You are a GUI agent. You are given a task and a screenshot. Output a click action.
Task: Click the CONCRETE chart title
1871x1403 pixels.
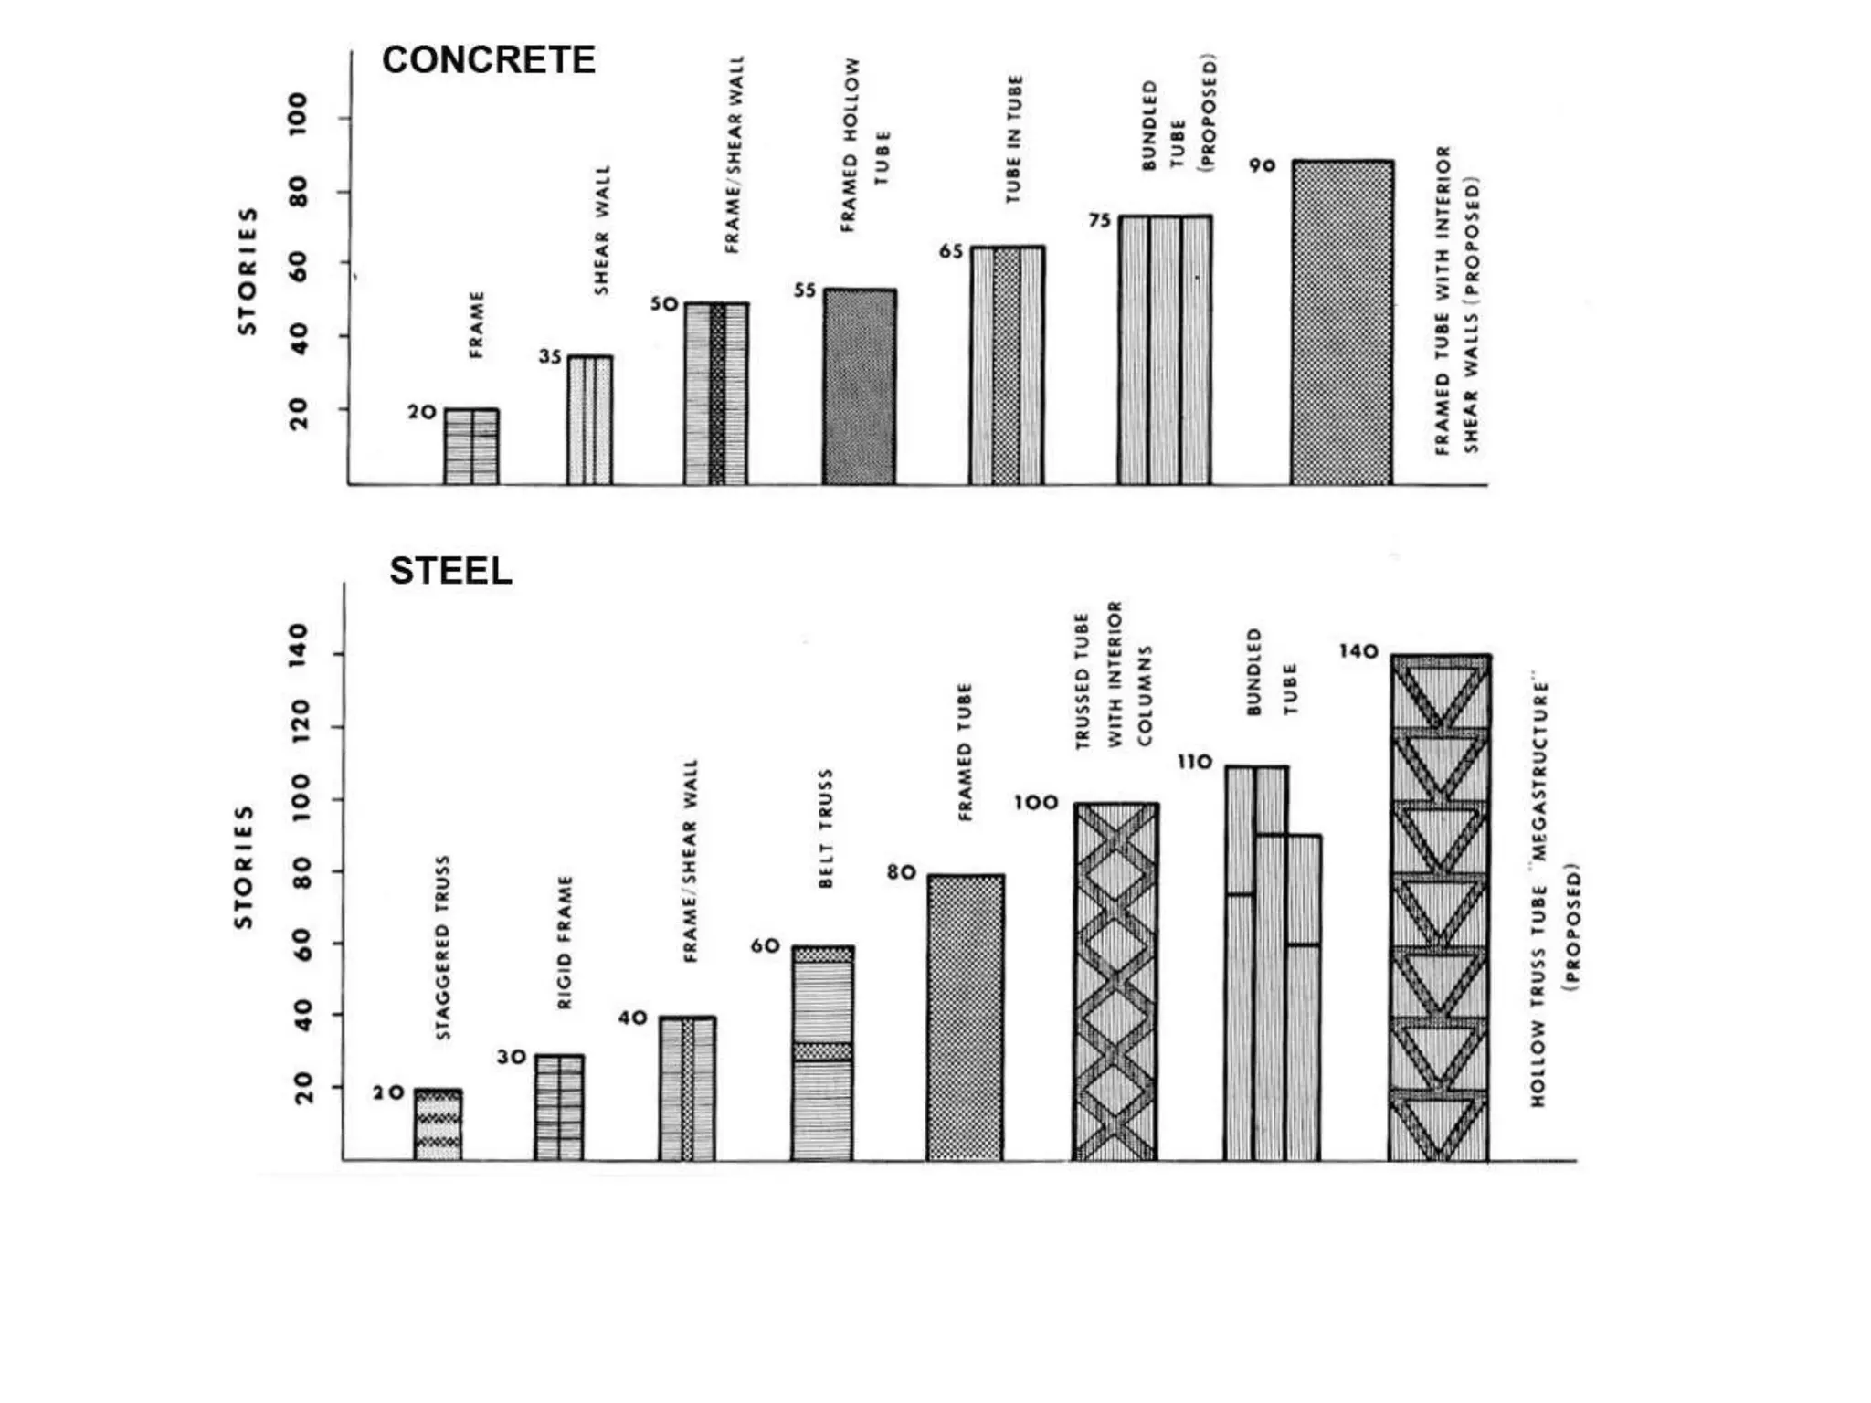pos(488,60)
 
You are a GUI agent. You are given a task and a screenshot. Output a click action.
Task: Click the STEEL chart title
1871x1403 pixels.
pos(450,571)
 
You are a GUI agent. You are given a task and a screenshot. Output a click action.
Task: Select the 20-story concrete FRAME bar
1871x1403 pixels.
pos(471,447)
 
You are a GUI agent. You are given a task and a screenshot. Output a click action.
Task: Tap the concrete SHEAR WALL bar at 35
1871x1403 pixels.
pos(589,420)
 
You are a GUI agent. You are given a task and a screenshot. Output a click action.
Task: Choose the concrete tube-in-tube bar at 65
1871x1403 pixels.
pos(1006,365)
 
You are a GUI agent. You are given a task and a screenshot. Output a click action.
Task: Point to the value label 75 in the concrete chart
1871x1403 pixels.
pos(1099,221)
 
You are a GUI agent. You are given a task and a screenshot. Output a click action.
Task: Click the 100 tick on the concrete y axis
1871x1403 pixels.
pos(298,115)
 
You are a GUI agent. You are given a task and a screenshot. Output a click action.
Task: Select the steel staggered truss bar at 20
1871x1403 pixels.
pos(438,1125)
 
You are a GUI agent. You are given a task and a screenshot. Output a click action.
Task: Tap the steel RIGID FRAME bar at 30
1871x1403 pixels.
pos(558,1108)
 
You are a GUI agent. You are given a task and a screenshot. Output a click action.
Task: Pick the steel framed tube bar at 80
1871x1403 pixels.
pos(965,1018)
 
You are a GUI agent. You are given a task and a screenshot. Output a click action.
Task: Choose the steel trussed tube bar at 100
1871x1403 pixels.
pos(1115,983)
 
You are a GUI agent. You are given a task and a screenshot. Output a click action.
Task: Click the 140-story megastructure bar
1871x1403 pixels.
pos(1440,908)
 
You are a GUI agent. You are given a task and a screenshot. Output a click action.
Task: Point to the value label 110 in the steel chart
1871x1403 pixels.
pos(1194,762)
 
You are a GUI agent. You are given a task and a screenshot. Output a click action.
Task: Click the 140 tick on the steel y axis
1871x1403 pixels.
pos(299,645)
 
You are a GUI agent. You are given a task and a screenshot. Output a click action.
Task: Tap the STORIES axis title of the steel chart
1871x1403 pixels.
pos(244,867)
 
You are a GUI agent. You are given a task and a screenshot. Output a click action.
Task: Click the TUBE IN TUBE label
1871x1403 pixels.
pos(1013,139)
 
